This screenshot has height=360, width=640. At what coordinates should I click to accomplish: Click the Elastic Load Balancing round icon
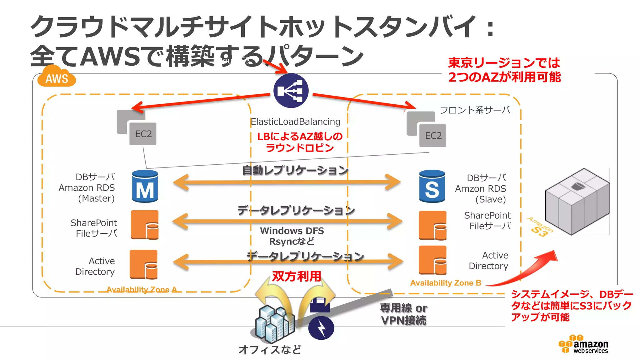pyautogui.click(x=291, y=91)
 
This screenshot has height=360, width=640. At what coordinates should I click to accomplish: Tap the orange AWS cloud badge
pyautogui.click(x=57, y=77)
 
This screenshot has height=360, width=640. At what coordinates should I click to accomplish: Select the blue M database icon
pyautogui.click(x=145, y=187)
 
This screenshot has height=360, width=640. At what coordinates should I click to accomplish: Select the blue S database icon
pyautogui.click(x=432, y=187)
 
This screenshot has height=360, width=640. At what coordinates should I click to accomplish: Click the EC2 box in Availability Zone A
pyautogui.click(x=143, y=134)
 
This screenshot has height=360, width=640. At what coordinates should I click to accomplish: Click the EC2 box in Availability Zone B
pyautogui.click(x=433, y=136)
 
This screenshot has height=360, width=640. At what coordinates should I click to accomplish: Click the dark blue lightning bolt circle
pyautogui.click(x=321, y=328)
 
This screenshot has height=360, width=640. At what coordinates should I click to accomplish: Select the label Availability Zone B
pyautogui.click(x=446, y=283)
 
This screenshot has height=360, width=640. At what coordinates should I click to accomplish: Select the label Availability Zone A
pyautogui.click(x=142, y=290)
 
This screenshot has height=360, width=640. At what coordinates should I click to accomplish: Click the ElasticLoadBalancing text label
pyautogui.click(x=295, y=122)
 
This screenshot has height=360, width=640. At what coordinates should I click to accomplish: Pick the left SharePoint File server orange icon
pyautogui.click(x=144, y=225)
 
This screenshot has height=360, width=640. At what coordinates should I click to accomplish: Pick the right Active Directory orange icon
pyautogui.click(x=432, y=260)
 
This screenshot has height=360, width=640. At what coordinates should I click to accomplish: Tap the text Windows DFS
pyautogui.click(x=292, y=231)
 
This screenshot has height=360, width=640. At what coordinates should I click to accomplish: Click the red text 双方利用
pyautogui.click(x=296, y=276)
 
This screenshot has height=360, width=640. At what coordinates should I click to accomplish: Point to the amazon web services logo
pyautogui.click(x=583, y=344)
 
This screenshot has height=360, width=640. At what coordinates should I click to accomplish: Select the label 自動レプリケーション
pyautogui.click(x=295, y=170)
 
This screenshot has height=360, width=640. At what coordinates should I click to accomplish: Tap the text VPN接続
pyautogui.click(x=403, y=320)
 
